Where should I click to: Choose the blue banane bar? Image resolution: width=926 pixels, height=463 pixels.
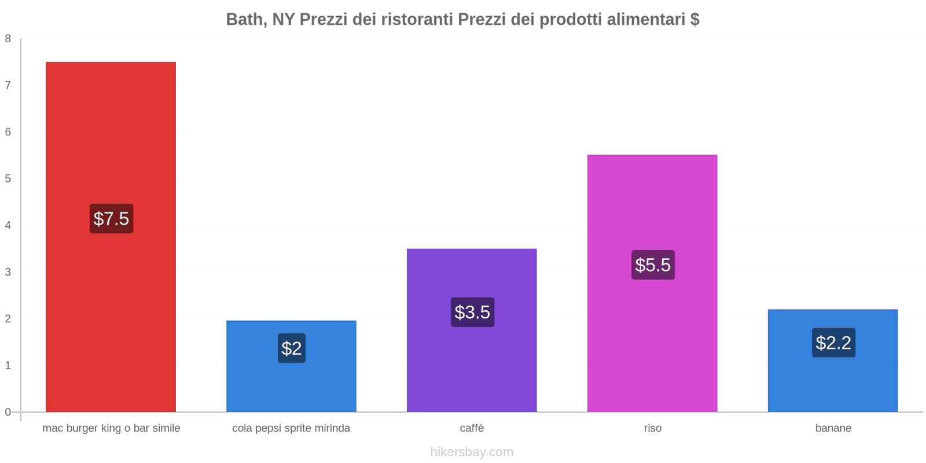pos(833,382)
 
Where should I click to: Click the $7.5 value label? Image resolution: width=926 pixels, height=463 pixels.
pos(111,219)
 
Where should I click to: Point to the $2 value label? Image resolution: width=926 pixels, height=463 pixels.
pos(292,348)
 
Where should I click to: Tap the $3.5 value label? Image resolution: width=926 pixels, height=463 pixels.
pos(472,313)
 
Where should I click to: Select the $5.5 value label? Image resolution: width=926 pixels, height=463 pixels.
pos(653,265)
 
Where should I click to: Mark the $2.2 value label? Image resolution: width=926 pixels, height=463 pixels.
pos(833,343)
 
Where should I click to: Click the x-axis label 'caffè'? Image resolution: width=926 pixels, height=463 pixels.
pos(472,428)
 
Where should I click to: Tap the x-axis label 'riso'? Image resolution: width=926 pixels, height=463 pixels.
pos(652,428)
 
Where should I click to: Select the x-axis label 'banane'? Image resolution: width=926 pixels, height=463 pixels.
pos(833,428)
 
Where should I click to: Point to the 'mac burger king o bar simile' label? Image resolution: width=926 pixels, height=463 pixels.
pos(111,428)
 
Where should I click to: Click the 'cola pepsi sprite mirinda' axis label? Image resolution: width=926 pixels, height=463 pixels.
pos(291,428)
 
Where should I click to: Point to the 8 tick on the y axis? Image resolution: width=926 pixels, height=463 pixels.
pos(8,39)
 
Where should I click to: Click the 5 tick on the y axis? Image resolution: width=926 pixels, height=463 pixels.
pos(8,179)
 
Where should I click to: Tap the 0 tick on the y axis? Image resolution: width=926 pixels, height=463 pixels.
pos(8,412)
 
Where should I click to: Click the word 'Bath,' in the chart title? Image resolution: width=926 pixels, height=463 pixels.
pos(246,20)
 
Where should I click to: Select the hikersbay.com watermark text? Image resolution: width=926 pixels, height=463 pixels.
pos(472,452)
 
